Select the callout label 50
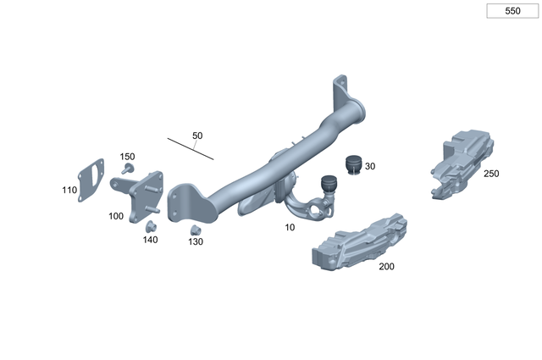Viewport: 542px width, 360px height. tap(197, 136)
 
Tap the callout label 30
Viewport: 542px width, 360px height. tap(370, 166)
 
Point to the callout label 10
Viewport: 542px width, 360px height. tap(290, 228)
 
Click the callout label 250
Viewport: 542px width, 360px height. tap(491, 174)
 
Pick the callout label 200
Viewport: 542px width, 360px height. tap(386, 266)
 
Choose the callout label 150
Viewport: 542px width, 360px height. tap(127, 157)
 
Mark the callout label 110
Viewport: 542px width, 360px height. tap(69, 191)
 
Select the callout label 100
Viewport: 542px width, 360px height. tap(116, 216)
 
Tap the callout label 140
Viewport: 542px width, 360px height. tap(150, 240)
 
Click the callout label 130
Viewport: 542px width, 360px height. tap(196, 242)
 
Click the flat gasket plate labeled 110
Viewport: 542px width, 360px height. tap(91, 180)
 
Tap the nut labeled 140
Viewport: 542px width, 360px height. tap(152, 226)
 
